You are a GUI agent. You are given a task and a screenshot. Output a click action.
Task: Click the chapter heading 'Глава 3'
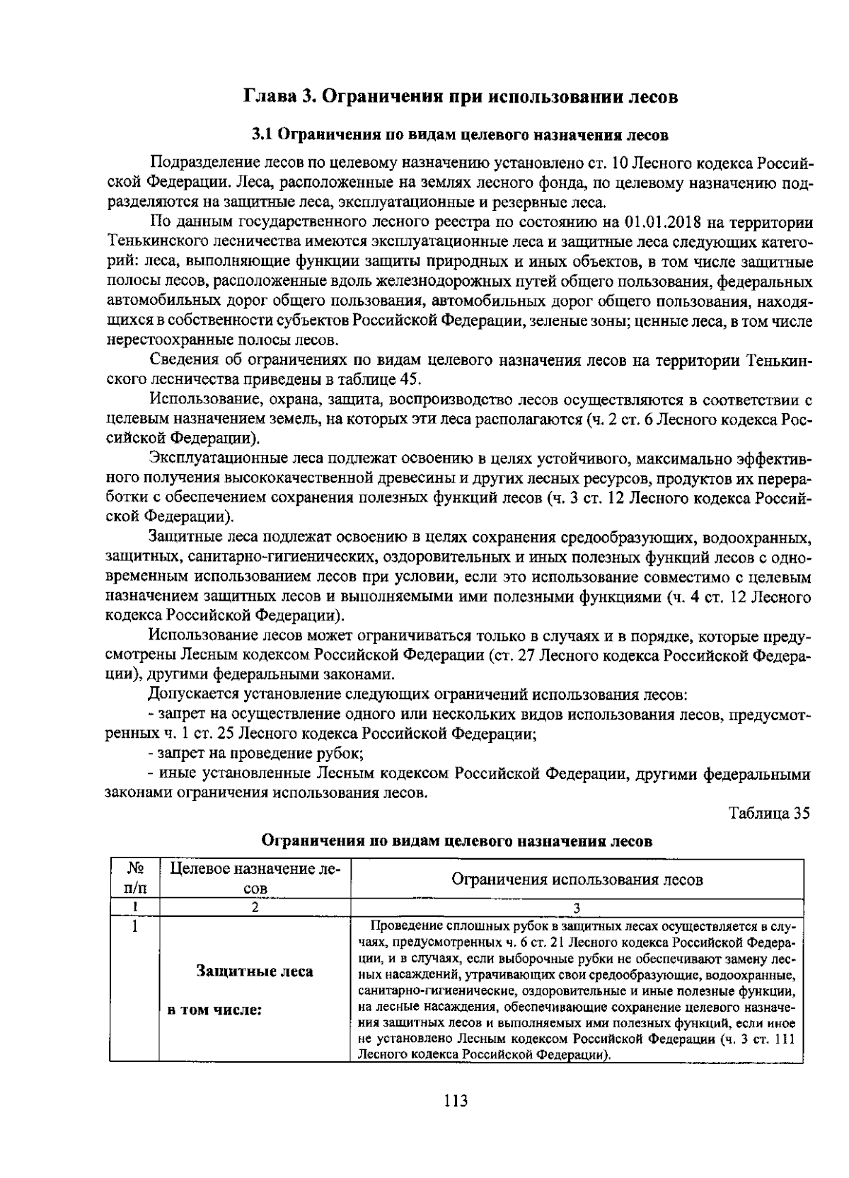tap(279, 97)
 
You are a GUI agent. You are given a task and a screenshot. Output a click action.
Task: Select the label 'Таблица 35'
tap(769, 812)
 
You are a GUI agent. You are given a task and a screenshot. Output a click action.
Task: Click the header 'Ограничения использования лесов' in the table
tap(577, 879)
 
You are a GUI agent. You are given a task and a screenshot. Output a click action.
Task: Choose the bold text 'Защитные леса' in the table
tap(255, 971)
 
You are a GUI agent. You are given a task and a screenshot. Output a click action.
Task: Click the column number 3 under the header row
tap(577, 907)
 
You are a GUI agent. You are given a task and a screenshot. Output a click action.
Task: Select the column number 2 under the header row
tap(255, 907)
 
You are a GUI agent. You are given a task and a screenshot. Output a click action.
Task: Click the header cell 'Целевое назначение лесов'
tap(255, 878)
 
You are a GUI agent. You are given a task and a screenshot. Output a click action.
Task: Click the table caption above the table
tap(456, 841)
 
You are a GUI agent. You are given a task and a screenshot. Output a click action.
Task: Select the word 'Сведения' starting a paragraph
tap(180, 359)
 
